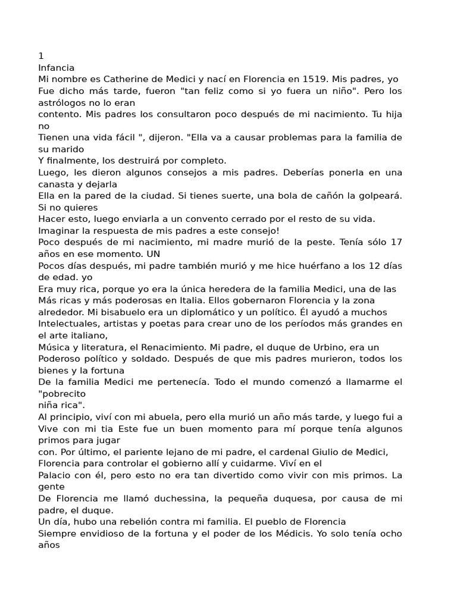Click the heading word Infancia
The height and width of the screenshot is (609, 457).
pyautogui.click(x=57, y=68)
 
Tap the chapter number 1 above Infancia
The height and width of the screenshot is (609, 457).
pyautogui.click(x=41, y=56)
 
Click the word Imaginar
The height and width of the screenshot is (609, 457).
pyautogui.click(x=58, y=231)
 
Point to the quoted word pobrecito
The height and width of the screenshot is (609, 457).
pyautogui.click(x=62, y=394)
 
